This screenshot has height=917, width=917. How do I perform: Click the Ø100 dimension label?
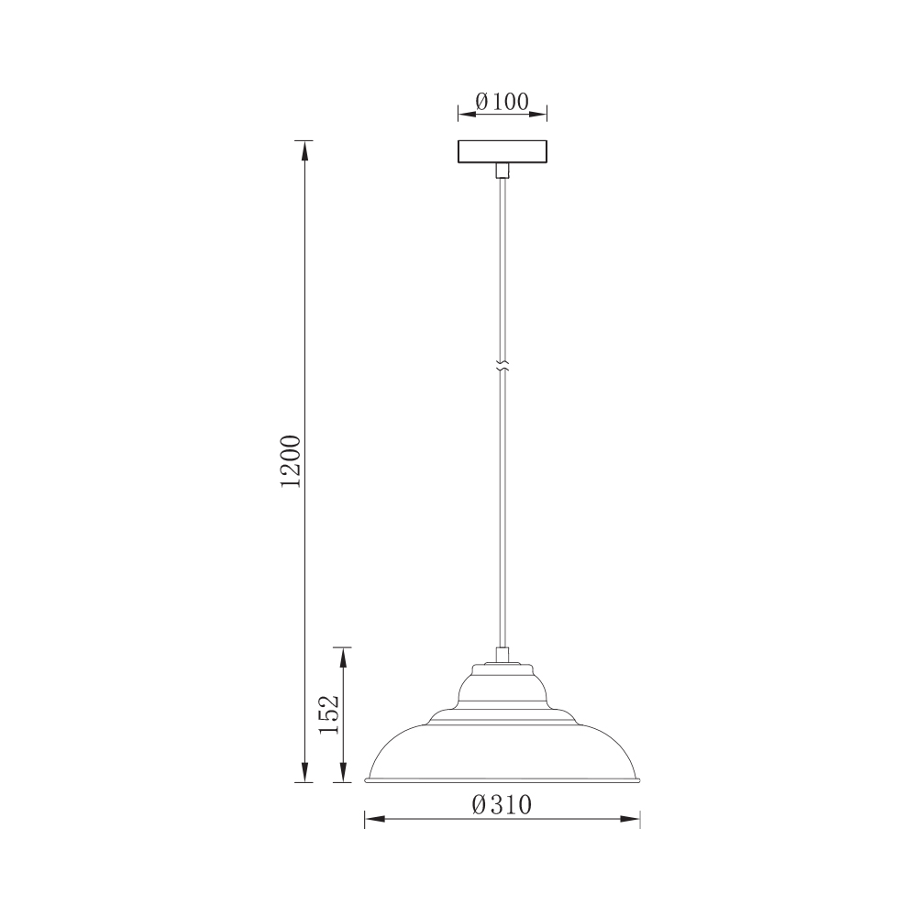503,102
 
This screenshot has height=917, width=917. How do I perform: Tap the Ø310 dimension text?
503,805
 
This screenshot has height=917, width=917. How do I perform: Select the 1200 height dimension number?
291,461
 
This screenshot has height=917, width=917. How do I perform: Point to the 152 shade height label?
328,714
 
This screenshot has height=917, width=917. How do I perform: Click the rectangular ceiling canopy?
503,151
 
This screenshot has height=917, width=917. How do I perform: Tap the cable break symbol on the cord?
503,366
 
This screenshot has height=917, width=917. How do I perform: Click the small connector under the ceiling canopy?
503,171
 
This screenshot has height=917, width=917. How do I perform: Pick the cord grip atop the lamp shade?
503,655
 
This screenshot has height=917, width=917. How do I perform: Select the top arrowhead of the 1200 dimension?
304,150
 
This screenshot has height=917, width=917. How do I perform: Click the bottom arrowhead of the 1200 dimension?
304,772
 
